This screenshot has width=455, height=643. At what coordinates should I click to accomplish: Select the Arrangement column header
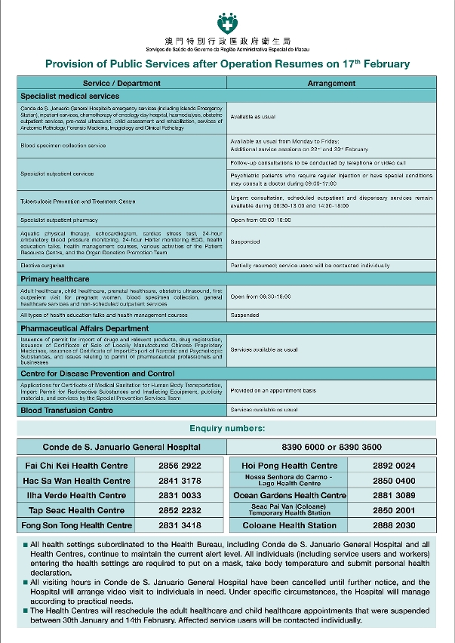pos(331,84)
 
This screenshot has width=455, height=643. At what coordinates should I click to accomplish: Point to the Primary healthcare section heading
pos(54,279)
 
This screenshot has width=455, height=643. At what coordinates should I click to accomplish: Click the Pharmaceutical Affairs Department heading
pos(85,329)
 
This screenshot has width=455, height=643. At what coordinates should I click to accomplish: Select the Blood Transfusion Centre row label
pos(67,411)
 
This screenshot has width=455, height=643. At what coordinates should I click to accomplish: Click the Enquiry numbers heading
pos(227,429)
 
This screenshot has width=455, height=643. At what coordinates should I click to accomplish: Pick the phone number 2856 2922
pos(180,466)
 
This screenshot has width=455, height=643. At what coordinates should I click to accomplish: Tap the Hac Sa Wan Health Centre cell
pos(76,481)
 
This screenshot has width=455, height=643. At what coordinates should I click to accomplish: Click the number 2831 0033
pos(180,495)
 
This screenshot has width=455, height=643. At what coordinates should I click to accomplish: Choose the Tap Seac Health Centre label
pos(75,510)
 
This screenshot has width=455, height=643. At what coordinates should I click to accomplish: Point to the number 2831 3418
pos(180,525)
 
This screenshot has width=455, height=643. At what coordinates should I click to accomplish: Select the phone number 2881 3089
pos(393,495)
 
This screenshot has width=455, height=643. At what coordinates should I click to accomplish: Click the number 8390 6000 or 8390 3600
pos(331,447)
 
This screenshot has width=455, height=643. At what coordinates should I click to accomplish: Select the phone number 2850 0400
pos(393,481)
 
